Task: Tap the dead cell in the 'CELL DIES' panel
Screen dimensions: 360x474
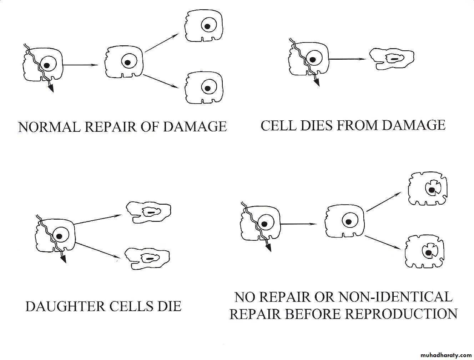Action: click(392, 59)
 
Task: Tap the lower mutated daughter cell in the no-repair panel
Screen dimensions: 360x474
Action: click(425, 251)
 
